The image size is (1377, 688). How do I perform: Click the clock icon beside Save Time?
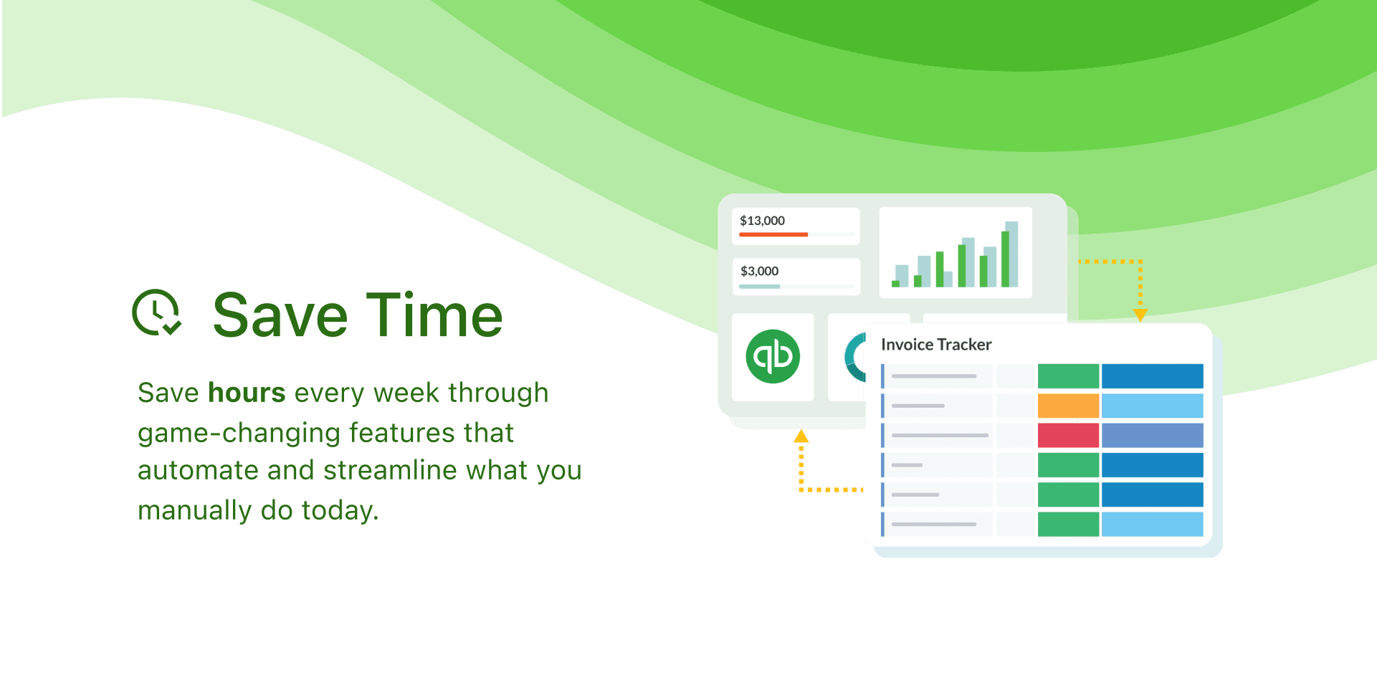click(x=157, y=312)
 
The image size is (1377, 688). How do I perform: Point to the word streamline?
click(x=391, y=470)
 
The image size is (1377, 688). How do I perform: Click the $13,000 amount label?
click(x=762, y=221)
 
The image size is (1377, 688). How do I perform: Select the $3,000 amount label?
click(x=759, y=271)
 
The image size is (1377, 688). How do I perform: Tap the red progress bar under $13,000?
click(x=773, y=234)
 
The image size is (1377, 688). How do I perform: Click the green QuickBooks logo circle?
click(x=773, y=356)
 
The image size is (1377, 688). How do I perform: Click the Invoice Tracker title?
click(x=936, y=345)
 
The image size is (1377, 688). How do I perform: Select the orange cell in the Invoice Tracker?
click(x=1068, y=406)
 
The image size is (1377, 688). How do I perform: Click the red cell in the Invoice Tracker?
click(x=1068, y=435)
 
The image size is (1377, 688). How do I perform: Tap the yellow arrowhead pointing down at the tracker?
click(x=1140, y=315)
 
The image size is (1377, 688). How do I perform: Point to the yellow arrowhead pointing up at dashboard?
click(x=801, y=436)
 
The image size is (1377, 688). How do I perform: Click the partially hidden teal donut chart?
click(x=852, y=357)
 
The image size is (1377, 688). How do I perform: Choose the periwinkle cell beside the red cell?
click(x=1152, y=435)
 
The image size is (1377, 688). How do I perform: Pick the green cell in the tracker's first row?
click(x=1068, y=376)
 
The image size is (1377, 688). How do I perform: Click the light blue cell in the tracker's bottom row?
click(x=1152, y=524)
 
